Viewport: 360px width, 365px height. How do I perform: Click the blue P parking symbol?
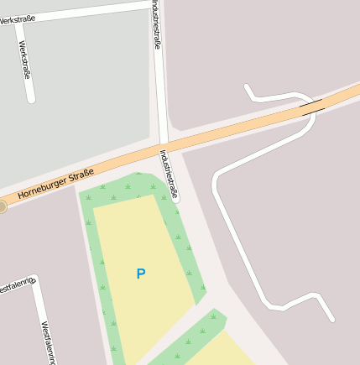141,274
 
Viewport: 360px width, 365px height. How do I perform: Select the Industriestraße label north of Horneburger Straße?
156,25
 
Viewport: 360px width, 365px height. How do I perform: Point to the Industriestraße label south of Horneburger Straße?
169,174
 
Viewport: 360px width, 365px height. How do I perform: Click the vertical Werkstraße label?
24,60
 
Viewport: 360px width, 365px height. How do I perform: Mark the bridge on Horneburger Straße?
312,107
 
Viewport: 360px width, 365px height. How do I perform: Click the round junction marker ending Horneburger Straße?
3,206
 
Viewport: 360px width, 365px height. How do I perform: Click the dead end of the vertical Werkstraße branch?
31,100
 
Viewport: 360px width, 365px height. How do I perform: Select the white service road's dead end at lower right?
332,319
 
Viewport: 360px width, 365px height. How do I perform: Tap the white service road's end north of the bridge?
247,86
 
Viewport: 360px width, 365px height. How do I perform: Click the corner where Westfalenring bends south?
34,281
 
